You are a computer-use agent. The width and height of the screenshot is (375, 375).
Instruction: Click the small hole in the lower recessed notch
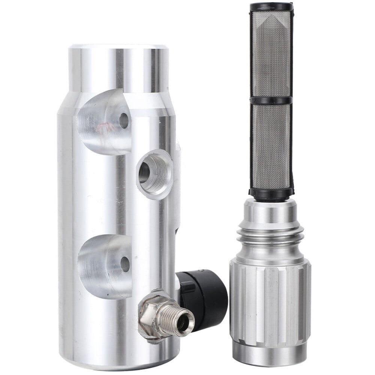[x=124, y=264]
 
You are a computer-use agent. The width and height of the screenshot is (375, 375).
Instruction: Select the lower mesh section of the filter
[x=271, y=146]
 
